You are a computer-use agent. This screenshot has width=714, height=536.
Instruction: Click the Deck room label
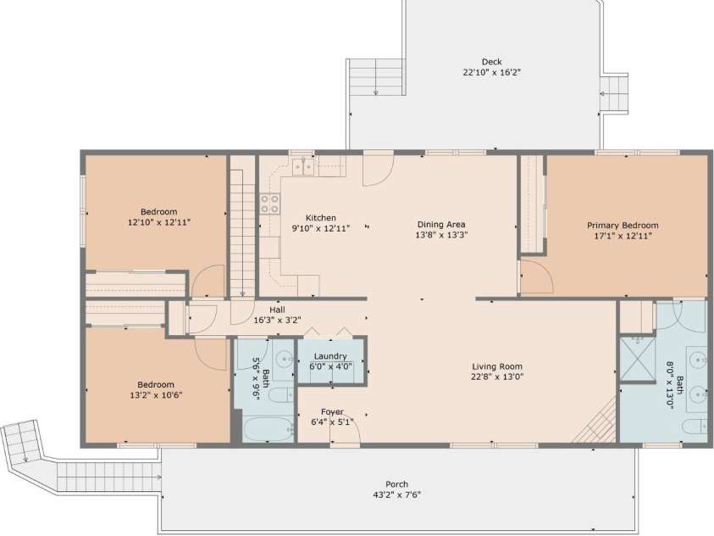pyautogui.click(x=491, y=62)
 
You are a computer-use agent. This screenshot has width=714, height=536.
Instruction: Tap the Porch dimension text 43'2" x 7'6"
pyautogui.click(x=396, y=495)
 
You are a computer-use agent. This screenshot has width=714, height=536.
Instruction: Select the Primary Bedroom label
pyautogui.click(x=623, y=225)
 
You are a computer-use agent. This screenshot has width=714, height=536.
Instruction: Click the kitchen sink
pyautogui.click(x=303, y=168)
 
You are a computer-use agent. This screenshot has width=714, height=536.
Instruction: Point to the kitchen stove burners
pyautogui.click(x=270, y=204)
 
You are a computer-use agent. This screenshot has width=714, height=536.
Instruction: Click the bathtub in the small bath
pyautogui.click(x=268, y=430)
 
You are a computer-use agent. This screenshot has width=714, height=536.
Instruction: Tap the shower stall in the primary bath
pyautogui.click(x=638, y=358)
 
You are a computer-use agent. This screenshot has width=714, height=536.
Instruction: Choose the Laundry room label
pyautogui.click(x=330, y=356)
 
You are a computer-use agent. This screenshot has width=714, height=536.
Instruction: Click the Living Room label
pyautogui.click(x=497, y=366)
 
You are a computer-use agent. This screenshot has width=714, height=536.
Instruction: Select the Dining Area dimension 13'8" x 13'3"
pyautogui.click(x=441, y=235)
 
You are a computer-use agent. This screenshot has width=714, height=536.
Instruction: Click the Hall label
pyautogui.click(x=277, y=310)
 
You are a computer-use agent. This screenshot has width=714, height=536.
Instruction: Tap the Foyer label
pyautogui.click(x=332, y=411)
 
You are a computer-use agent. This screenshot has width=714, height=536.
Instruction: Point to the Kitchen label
pyautogui.click(x=321, y=218)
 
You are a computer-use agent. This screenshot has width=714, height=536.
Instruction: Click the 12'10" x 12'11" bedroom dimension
pyautogui.click(x=159, y=223)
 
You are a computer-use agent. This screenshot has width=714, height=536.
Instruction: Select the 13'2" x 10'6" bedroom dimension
pyautogui.click(x=156, y=395)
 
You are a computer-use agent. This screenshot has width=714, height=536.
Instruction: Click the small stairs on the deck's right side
pyautogui.click(x=614, y=93)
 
